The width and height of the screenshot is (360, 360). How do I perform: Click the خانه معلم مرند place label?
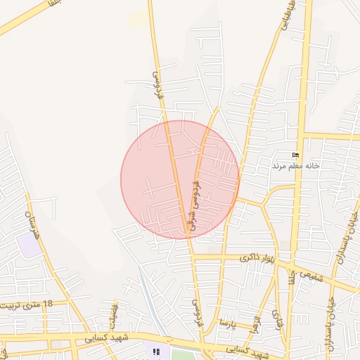point(296,166)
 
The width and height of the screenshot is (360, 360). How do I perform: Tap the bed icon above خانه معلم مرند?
point(295,155)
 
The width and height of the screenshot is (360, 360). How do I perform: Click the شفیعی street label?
point(309,274)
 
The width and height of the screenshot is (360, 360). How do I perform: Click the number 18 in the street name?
point(47,303)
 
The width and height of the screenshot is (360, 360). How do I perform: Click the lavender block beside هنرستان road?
point(29,245)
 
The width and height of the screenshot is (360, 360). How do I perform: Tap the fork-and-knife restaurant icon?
point(155,351)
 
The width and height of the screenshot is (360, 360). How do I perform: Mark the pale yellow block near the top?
point(139,19)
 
